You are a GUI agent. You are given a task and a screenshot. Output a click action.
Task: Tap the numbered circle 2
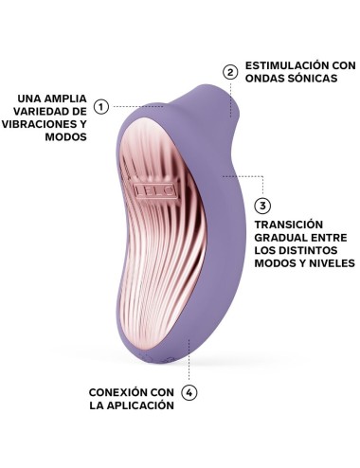(229, 71)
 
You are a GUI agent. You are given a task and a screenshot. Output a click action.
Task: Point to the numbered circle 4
(189, 392)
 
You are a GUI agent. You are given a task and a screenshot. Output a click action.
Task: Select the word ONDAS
(264, 80)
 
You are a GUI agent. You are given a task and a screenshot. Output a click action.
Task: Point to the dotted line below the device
(189, 364)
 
